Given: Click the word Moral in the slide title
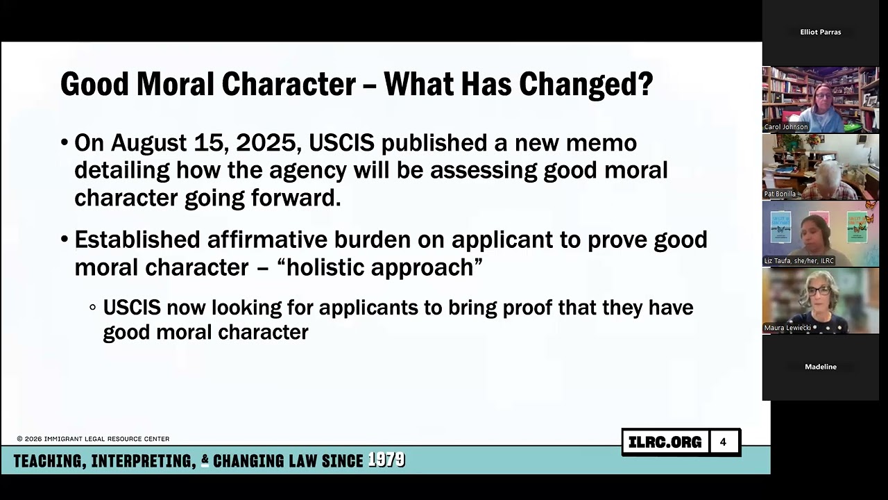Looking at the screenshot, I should (x=176, y=84).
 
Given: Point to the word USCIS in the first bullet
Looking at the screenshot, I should (x=341, y=143).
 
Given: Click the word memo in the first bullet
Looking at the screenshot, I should (x=601, y=143).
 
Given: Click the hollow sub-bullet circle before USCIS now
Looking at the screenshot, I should (x=93, y=307).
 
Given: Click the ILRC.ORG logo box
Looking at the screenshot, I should (x=665, y=442).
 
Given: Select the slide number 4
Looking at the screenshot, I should (x=723, y=442).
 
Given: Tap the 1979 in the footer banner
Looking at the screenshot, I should (x=386, y=460).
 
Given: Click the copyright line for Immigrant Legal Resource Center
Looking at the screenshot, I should (x=93, y=439).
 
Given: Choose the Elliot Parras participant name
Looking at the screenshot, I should (x=820, y=32).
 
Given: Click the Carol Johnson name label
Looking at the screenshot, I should (x=786, y=127).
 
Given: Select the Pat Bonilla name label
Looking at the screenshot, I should (x=780, y=194).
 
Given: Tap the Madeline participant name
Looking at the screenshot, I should (x=820, y=367).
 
